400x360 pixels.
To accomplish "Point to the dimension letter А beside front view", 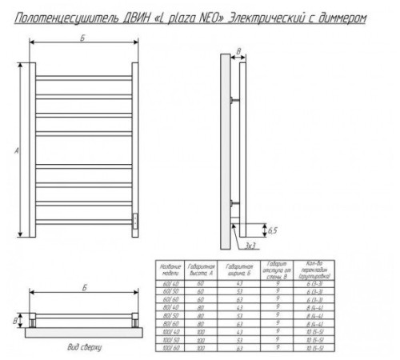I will [18, 150].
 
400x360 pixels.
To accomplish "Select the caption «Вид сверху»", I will [84, 350].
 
